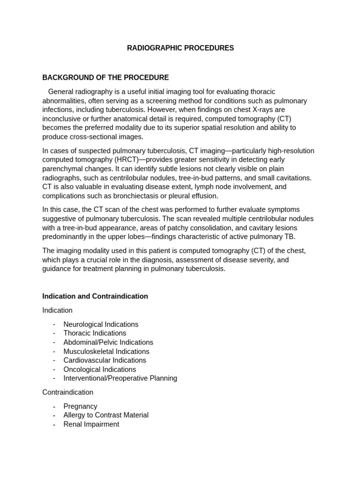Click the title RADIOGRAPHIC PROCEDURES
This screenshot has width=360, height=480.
(x=180, y=48)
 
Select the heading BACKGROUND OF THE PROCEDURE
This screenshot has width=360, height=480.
(x=105, y=77)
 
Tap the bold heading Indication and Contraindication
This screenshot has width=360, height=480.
(x=95, y=296)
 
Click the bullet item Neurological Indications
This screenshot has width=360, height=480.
(x=101, y=324)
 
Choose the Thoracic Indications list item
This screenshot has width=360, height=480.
(x=95, y=333)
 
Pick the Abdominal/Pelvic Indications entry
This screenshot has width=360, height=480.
(x=108, y=342)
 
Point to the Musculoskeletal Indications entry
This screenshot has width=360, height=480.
(x=106, y=352)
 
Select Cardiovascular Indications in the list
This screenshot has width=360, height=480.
(x=105, y=360)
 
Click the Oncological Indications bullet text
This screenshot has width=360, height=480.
(x=100, y=369)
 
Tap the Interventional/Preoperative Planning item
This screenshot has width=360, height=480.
(x=120, y=378)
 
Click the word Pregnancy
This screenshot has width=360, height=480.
(x=80, y=406)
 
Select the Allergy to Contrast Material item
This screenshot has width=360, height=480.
(x=106, y=415)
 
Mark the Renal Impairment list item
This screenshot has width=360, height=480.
(x=91, y=424)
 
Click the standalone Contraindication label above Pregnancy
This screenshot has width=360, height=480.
(x=67, y=392)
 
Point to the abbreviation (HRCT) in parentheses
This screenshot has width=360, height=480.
(x=124, y=160)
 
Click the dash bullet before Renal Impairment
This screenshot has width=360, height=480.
(x=54, y=424)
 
